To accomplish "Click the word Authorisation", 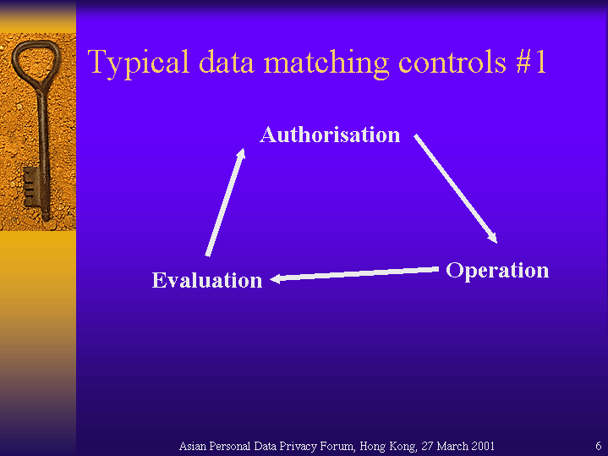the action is pyautogui.click(x=330, y=135).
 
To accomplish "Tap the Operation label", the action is pyautogui.click(x=497, y=271).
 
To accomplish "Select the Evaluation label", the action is pyautogui.click(x=207, y=280).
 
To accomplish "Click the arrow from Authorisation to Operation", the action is pyautogui.click(x=456, y=189).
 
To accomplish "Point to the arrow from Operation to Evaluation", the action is pyautogui.click(x=354, y=273).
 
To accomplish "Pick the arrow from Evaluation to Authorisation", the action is pyautogui.click(x=226, y=202).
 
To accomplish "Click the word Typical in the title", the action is pyautogui.click(x=139, y=63).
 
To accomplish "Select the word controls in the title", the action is pyautogui.click(x=452, y=62).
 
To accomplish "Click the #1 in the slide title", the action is pyautogui.click(x=531, y=62).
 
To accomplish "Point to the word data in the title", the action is pyautogui.click(x=226, y=62).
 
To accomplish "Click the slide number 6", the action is pyautogui.click(x=599, y=446).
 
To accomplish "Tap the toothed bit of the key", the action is pyautogui.click(x=31, y=187).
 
